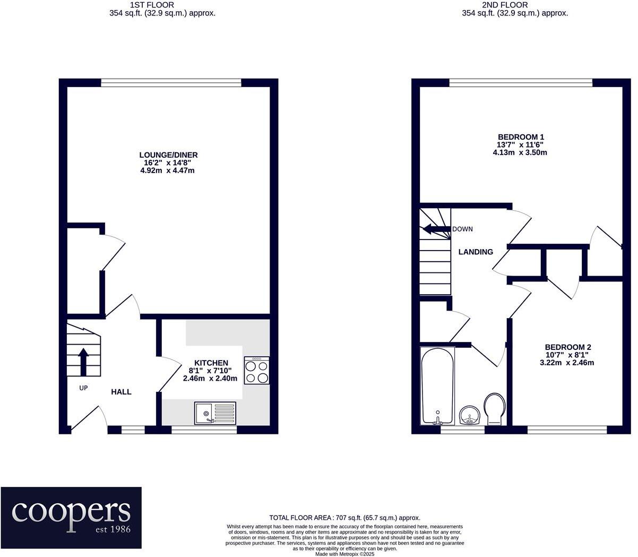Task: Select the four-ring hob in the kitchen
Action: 257,370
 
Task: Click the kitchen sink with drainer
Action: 215,413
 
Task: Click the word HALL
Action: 121,392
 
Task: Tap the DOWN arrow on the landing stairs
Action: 435,229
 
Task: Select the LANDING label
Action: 476,252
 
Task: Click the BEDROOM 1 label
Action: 521,136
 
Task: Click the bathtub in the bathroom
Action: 437,385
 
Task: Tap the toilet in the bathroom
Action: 495,408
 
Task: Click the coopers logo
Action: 71,517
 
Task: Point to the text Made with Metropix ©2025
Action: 345,554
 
